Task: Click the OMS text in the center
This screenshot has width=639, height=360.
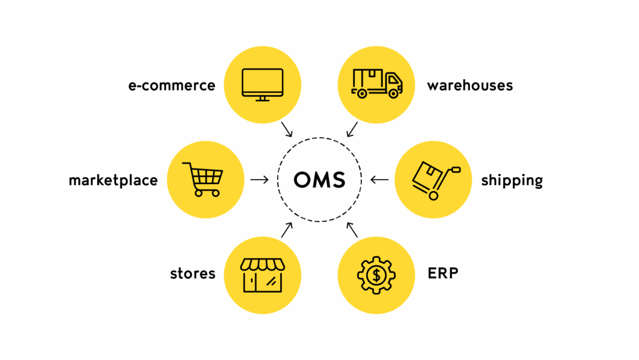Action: click(319, 180)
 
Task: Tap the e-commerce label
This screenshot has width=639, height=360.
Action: click(172, 85)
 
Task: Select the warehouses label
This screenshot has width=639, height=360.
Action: click(470, 85)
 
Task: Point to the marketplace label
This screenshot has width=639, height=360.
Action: click(113, 181)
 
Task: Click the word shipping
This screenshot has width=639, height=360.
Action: click(512, 181)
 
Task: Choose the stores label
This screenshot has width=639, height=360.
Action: click(192, 273)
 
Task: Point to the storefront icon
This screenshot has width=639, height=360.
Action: click(262, 275)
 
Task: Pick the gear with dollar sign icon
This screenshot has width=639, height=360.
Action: click(376, 274)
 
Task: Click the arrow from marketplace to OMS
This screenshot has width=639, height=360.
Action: click(259, 180)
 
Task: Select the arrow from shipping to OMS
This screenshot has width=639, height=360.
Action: click(379, 180)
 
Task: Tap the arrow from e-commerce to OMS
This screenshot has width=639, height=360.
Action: click(288, 129)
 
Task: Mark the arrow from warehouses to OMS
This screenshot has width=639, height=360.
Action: click(352, 129)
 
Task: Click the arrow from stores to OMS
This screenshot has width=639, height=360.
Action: click(286, 230)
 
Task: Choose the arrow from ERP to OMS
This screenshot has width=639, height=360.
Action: click(353, 230)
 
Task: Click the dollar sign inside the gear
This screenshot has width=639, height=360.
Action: click(376, 274)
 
